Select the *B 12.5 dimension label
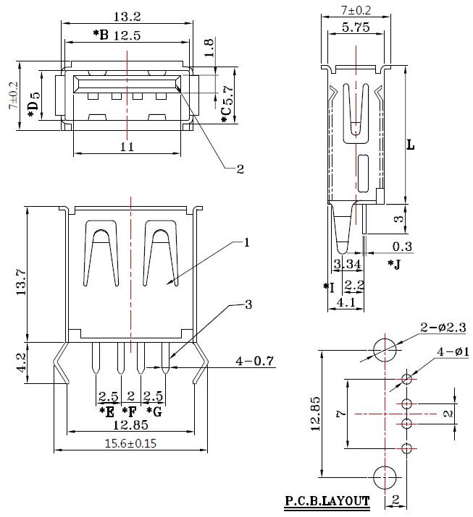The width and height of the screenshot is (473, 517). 120,34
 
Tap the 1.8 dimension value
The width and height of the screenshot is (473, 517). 209,47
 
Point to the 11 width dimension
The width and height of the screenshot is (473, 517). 127,146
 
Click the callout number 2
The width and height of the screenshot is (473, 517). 240,170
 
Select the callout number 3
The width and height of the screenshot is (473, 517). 249,305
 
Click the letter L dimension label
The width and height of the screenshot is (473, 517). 410,145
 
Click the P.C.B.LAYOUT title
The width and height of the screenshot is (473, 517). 326,500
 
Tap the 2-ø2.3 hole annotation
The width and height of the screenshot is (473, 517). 443,329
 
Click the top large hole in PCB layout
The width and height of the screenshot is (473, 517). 386,350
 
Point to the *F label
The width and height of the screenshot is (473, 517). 131,412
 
